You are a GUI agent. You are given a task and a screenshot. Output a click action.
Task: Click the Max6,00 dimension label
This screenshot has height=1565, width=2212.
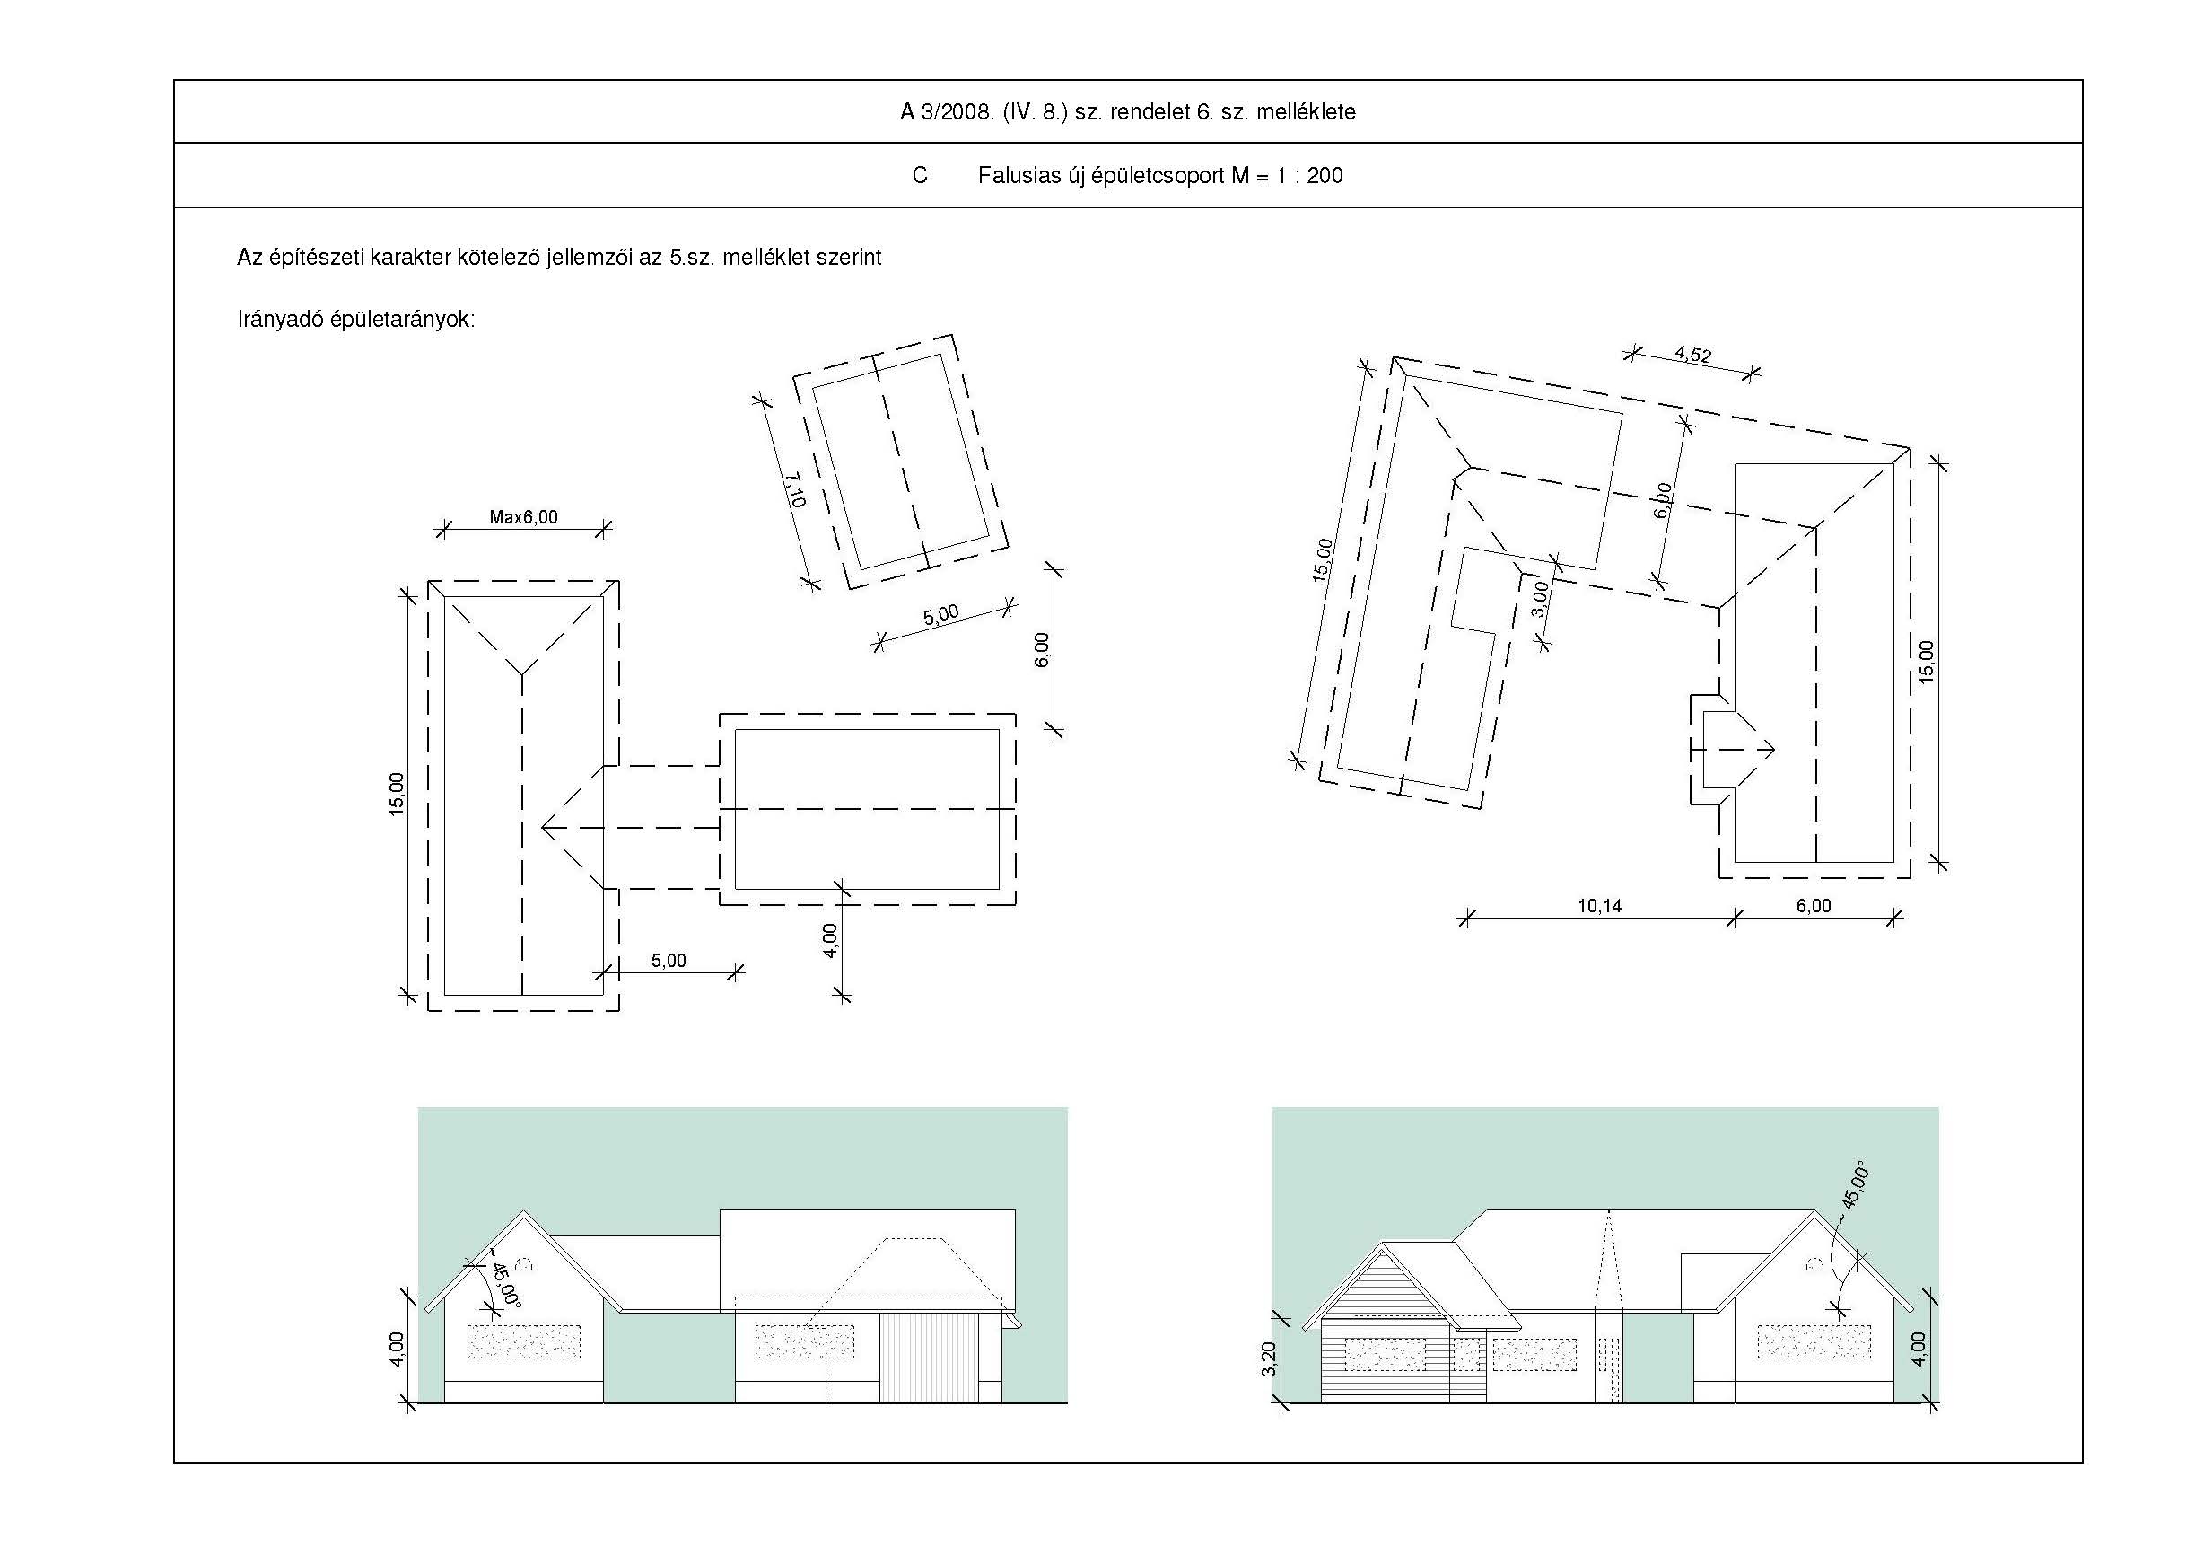523,517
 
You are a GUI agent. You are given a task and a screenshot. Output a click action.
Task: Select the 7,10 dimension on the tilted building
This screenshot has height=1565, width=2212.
795,489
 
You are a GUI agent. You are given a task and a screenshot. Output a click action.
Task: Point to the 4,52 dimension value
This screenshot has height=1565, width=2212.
1692,355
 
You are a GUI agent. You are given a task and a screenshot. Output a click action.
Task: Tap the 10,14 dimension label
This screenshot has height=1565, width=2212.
1599,906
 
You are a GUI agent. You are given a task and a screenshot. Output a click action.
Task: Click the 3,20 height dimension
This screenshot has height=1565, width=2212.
1269,1358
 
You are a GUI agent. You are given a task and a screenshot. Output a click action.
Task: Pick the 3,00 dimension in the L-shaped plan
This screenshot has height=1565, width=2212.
1539,597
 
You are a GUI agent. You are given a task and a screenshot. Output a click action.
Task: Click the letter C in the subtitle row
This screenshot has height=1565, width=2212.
920,175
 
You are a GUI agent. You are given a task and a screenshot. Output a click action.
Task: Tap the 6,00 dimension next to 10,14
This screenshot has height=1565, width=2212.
1814,906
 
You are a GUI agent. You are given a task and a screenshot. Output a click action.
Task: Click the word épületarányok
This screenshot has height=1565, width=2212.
403,320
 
